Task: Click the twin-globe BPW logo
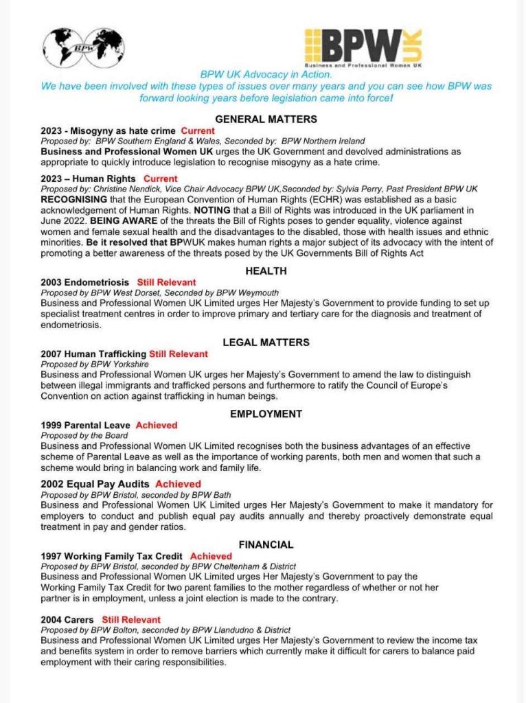click(83, 46)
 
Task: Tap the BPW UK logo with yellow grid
click(363, 47)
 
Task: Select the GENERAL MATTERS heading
click(266, 119)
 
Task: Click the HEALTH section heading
click(266, 270)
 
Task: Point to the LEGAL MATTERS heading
click(266, 342)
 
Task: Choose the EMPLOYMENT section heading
click(266, 413)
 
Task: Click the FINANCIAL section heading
click(266, 544)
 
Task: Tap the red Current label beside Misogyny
click(198, 130)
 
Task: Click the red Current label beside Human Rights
click(161, 179)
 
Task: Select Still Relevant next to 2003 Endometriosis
click(166, 282)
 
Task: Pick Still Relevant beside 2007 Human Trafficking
click(179, 354)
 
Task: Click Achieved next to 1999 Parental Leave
click(157, 426)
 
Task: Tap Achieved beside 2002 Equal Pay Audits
click(178, 484)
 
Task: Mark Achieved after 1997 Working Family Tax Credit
click(211, 556)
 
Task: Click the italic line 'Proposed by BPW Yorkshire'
click(95, 365)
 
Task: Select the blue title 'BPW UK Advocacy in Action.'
click(266, 75)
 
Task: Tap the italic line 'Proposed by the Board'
click(84, 436)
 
